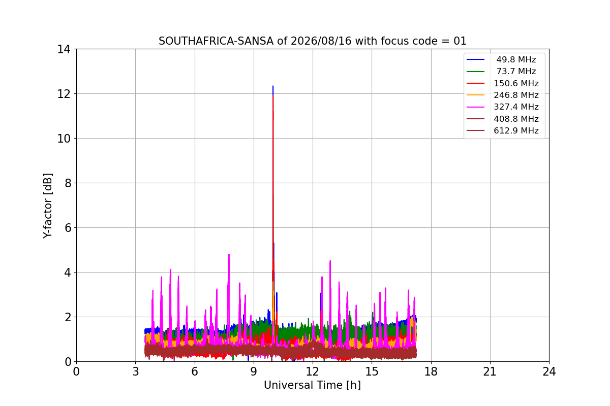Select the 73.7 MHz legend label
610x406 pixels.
[516, 71]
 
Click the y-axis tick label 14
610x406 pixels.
[64, 50]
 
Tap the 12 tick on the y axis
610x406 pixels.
[64, 94]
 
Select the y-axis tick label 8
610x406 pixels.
[68, 183]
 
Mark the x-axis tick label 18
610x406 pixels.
[431, 371]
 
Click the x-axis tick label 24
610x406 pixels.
[549, 371]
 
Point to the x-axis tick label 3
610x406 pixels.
[136, 371]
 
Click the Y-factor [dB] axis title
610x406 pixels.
[48, 206]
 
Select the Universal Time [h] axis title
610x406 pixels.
[312, 385]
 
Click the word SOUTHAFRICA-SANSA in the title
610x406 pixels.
[216, 41]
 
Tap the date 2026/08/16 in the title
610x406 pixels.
[321, 41]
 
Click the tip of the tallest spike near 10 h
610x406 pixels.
[273, 86]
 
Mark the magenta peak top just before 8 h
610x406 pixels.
[229, 255]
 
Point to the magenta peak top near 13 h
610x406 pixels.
[330, 261]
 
